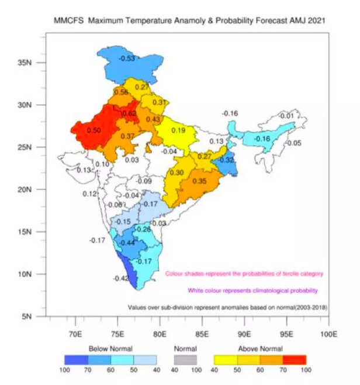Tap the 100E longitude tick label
[329, 335]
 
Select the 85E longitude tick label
[202, 335]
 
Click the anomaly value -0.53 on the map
[127, 59]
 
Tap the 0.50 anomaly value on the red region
[94, 130]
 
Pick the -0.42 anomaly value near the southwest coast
[122, 279]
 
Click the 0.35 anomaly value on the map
[199, 182]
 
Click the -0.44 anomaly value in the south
[127, 243]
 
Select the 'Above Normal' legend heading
[261, 349]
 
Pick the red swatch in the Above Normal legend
[295, 359]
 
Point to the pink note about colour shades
[244, 273]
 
